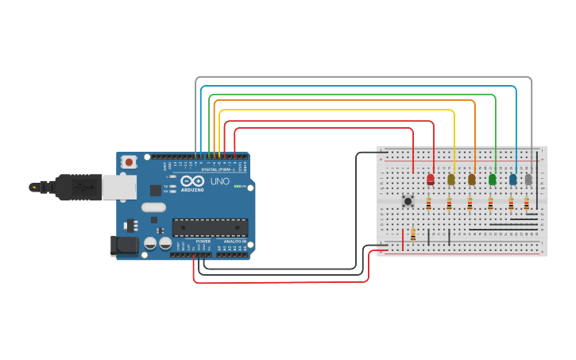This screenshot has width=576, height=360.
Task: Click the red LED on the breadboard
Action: (x=431, y=180)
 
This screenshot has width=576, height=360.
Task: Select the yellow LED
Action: (x=451, y=180)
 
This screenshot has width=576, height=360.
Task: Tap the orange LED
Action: (x=472, y=180)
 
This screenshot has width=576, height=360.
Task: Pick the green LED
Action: (x=493, y=180)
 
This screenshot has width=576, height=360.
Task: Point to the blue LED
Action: (x=513, y=180)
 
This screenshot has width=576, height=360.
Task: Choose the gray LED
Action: (x=528, y=180)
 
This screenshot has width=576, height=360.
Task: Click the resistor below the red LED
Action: (x=429, y=204)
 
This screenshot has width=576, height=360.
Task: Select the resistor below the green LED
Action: (x=490, y=204)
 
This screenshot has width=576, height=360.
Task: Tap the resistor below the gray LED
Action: (x=526, y=204)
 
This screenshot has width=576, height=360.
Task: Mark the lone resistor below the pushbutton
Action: (x=413, y=234)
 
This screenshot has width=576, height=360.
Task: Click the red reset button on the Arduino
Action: (x=129, y=161)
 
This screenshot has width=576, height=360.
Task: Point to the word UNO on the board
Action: (x=220, y=181)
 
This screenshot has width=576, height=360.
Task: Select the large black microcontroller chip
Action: (x=210, y=227)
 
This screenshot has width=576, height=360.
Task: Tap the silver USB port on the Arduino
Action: (x=118, y=188)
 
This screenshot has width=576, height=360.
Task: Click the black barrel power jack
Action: (x=123, y=245)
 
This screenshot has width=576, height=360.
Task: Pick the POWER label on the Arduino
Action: (x=203, y=240)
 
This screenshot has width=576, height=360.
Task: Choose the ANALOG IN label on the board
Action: (x=234, y=240)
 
